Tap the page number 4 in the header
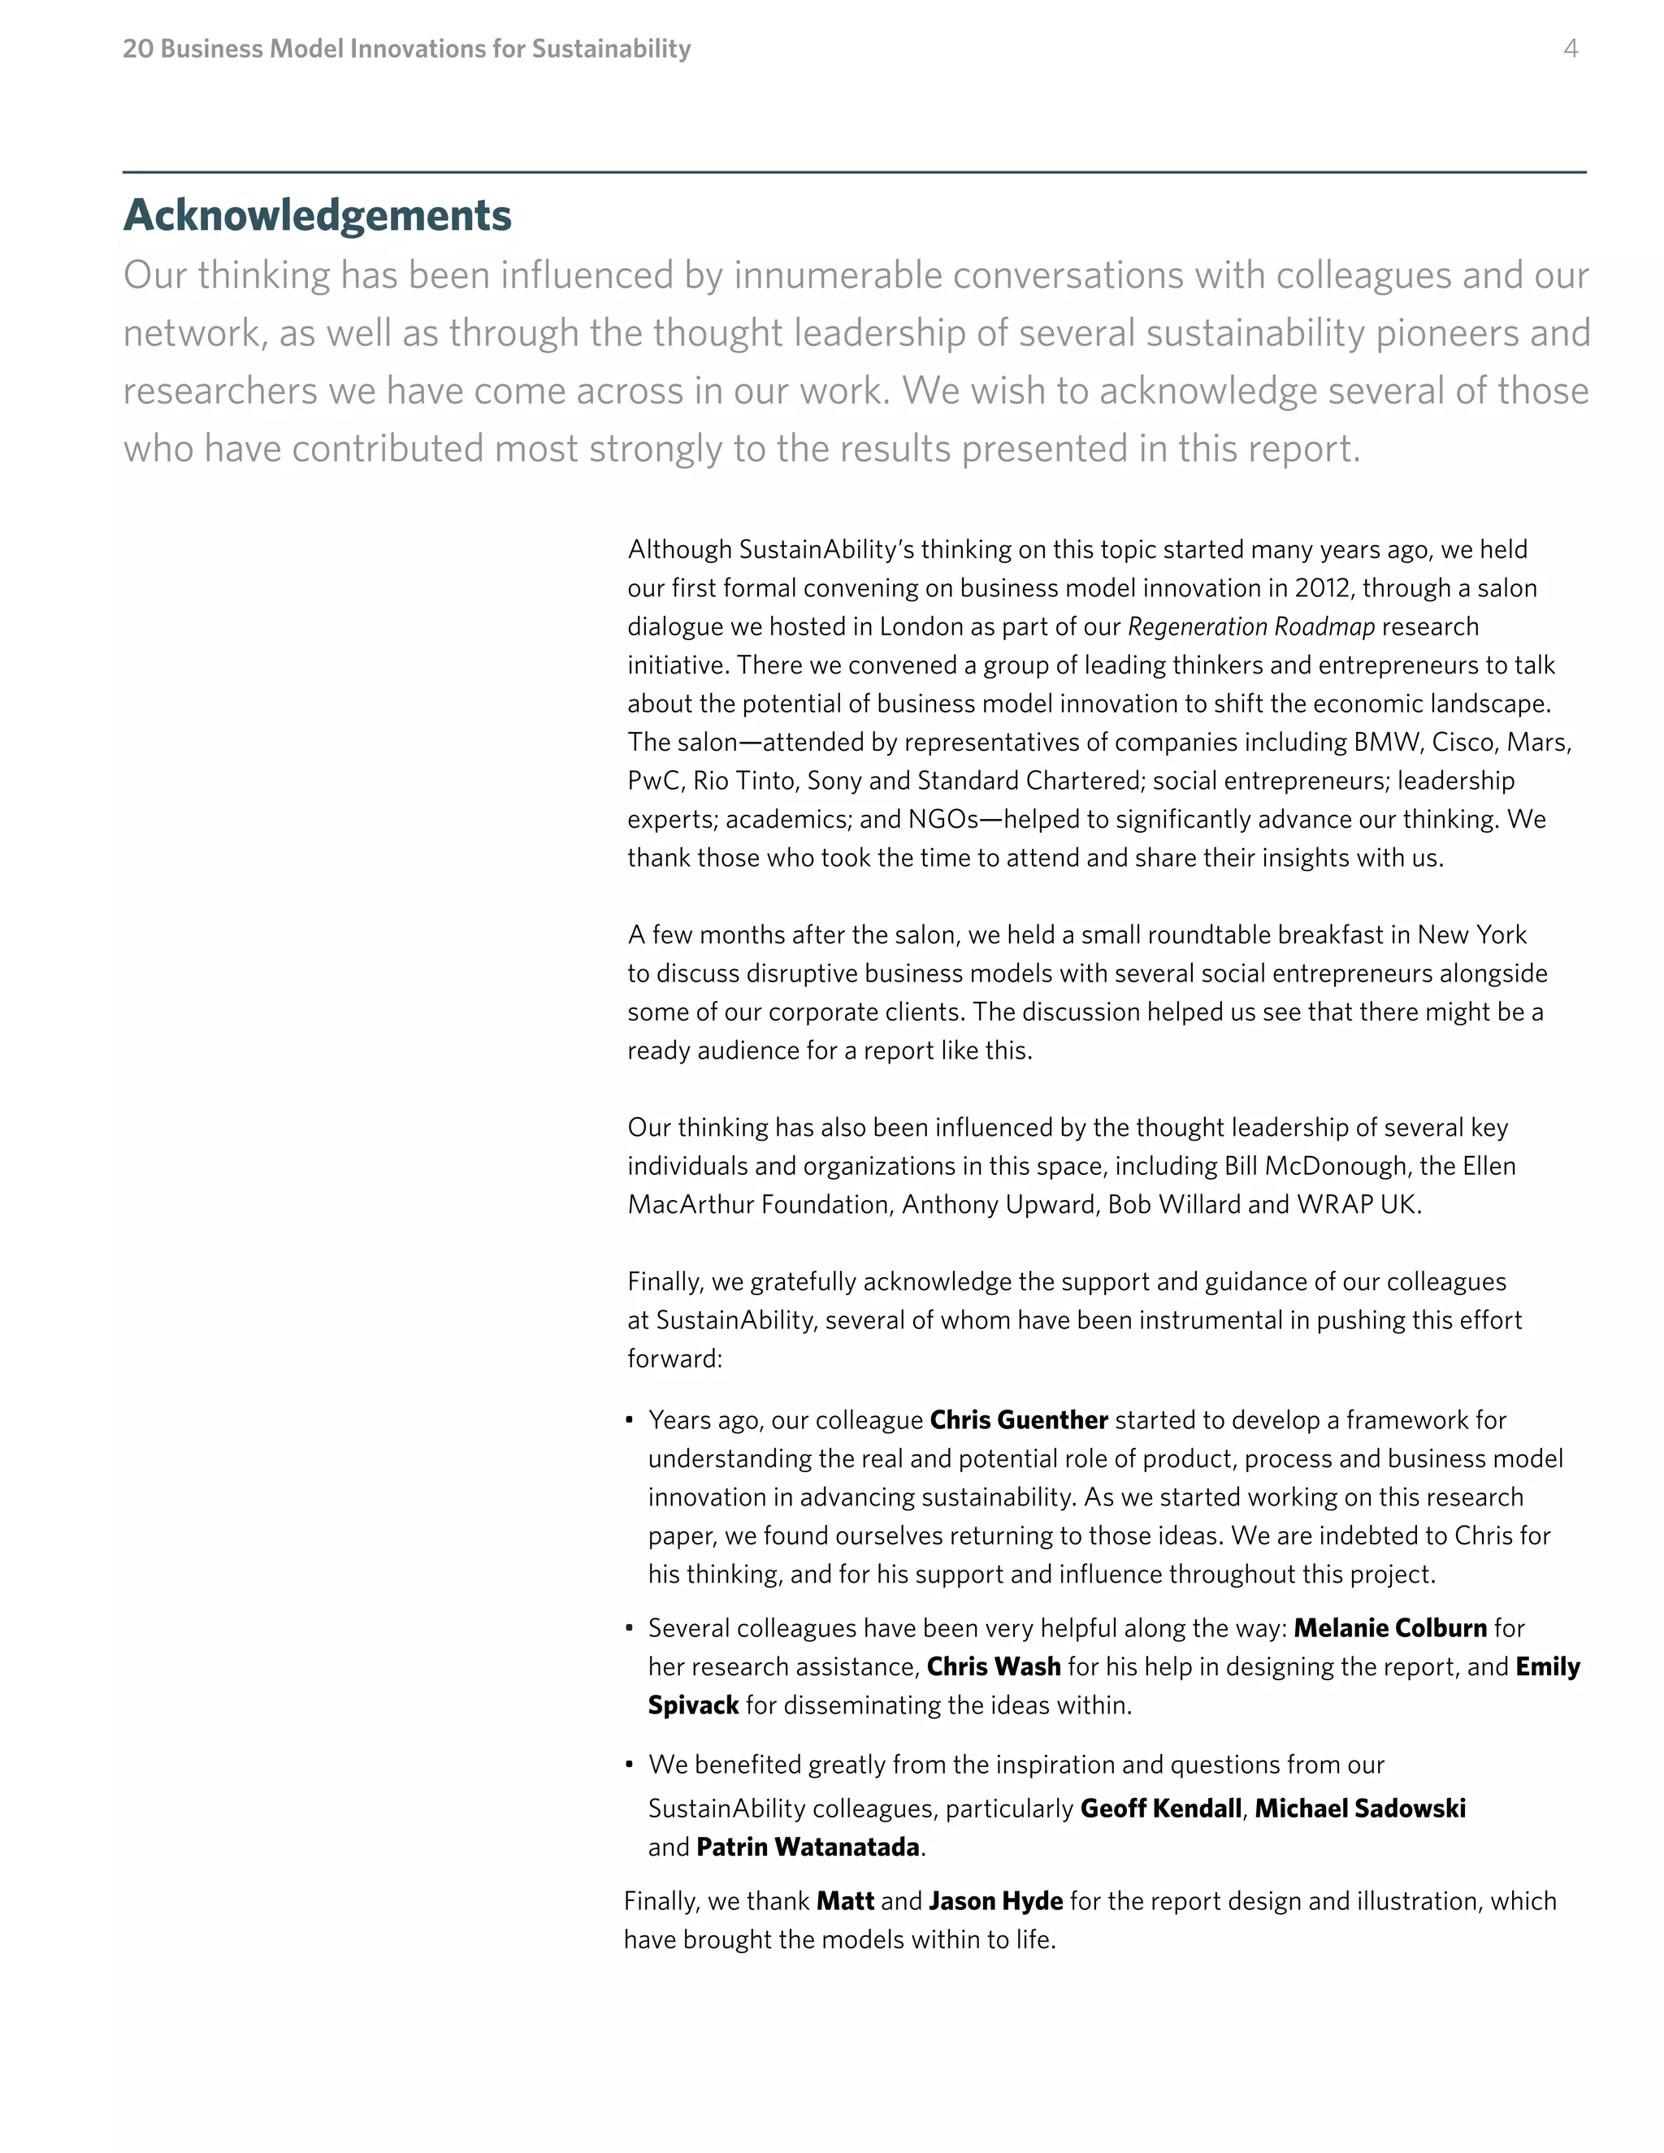coord(1571,48)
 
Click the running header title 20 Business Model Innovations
coord(406,48)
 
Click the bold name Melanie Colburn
coord(1390,1627)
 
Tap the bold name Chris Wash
coord(994,1666)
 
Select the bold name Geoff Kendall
coord(1160,1808)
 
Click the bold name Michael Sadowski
coord(1359,1808)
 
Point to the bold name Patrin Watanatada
coord(808,1847)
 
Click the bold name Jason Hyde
coord(995,1900)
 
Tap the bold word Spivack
coord(693,1705)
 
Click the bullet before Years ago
coord(630,1420)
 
